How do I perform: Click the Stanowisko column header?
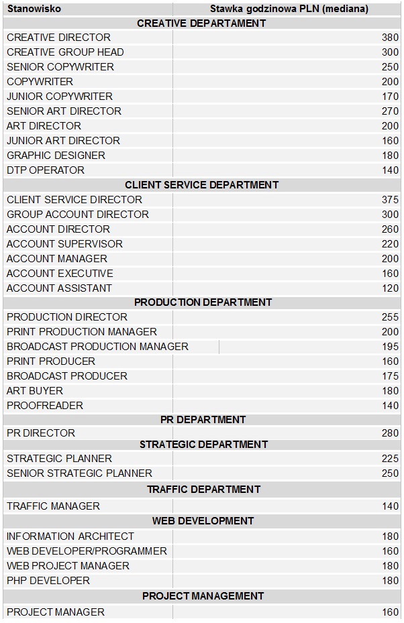tap(34, 9)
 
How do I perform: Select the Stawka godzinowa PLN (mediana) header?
tap(289, 9)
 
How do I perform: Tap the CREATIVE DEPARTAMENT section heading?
tap(201, 23)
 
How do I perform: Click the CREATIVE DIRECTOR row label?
tap(58, 38)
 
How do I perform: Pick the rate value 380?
tap(390, 38)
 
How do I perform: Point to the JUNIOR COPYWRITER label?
tap(60, 97)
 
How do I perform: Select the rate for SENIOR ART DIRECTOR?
tap(390, 111)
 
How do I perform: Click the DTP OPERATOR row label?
tap(46, 170)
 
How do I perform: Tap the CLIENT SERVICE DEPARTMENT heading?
tap(201, 185)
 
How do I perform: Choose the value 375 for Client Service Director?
tap(390, 200)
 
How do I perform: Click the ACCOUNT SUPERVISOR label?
tap(64, 244)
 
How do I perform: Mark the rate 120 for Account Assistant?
tap(390, 288)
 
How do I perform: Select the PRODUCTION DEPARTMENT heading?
tap(203, 302)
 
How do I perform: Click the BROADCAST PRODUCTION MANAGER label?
tap(97, 347)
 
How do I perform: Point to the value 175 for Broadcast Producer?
tap(390, 376)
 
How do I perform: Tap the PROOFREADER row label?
tap(45, 406)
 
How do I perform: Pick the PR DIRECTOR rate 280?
tap(390, 433)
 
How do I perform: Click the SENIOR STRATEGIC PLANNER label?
tap(79, 473)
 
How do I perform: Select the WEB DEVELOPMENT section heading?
tap(203, 521)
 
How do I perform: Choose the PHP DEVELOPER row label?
tap(48, 581)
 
